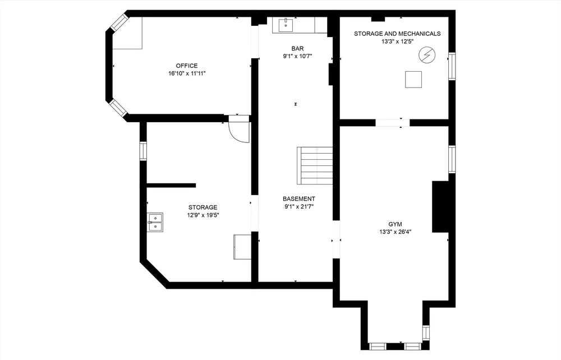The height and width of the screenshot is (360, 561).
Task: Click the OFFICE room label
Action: pyautogui.click(x=187, y=66)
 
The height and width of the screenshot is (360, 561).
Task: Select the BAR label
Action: pyautogui.click(x=297, y=48)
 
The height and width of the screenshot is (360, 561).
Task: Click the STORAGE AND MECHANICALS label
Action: pyautogui.click(x=397, y=34)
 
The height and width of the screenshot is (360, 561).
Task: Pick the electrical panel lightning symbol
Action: pyautogui.click(x=426, y=54)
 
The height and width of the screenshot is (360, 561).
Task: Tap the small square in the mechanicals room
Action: pyautogui.click(x=413, y=80)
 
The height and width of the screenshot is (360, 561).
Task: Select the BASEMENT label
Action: pyautogui.click(x=298, y=199)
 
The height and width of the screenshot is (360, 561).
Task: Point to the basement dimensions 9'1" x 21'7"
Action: pyautogui.click(x=298, y=206)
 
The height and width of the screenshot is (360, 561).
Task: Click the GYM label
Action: pyautogui.click(x=396, y=224)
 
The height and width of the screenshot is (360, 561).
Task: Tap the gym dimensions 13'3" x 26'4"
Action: pyautogui.click(x=396, y=232)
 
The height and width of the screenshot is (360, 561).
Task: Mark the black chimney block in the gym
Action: pyautogui.click(x=440, y=206)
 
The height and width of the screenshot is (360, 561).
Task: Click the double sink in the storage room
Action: pyautogui.click(x=155, y=222)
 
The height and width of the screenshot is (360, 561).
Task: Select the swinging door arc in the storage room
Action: pyautogui.click(x=238, y=132)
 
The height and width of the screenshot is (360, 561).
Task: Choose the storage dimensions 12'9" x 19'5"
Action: pyautogui.click(x=203, y=215)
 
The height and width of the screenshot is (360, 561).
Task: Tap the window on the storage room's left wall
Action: pyautogui.click(x=143, y=151)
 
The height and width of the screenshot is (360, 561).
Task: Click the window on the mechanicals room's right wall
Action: pyautogui.click(x=452, y=67)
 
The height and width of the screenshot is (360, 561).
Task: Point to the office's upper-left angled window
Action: pyautogui.click(x=118, y=23)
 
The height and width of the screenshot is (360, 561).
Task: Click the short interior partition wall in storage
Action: pyautogui.click(x=171, y=185)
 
